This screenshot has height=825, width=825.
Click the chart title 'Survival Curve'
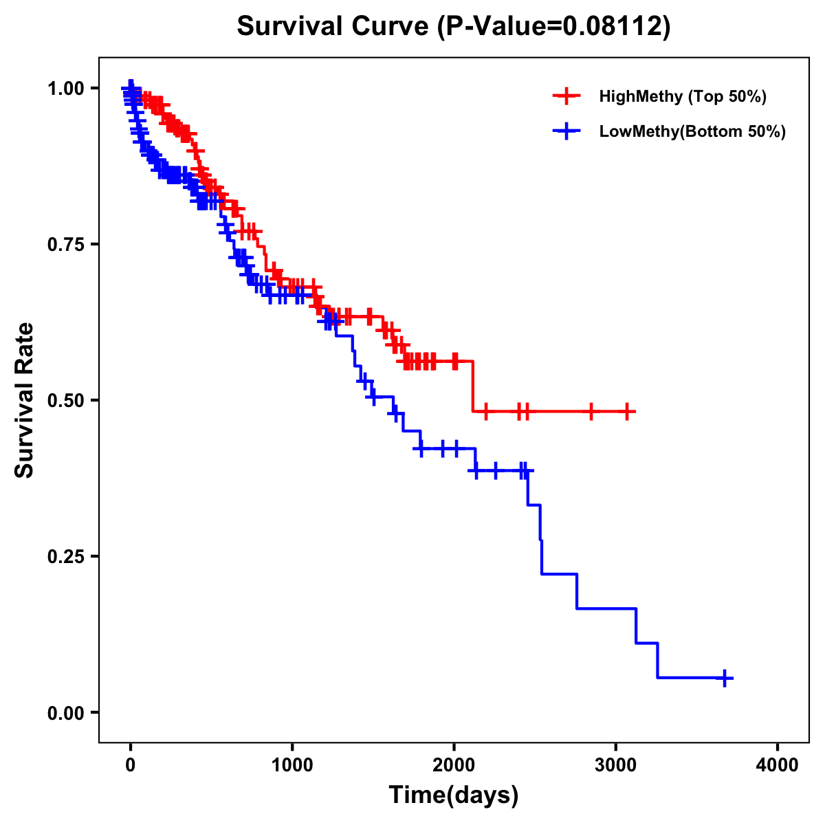click(335, 27)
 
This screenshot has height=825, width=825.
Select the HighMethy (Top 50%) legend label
click(682, 96)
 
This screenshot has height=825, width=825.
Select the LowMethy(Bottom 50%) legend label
click(692, 131)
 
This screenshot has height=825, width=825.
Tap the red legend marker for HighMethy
click(566, 96)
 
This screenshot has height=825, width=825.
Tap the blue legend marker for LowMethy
click(566, 131)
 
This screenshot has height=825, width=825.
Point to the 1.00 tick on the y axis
click(65, 88)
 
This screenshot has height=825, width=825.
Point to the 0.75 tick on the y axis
click(65, 244)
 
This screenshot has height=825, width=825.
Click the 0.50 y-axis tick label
click(65, 400)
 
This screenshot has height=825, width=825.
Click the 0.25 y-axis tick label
click(65, 556)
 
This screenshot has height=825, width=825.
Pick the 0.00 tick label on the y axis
click(65, 712)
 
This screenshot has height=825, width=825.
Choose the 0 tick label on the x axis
click(131, 765)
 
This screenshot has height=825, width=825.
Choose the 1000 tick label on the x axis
click(292, 765)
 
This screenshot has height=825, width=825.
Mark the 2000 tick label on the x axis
click(454, 765)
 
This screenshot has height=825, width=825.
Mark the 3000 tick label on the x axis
click(616, 765)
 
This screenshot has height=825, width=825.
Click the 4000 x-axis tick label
click(778, 765)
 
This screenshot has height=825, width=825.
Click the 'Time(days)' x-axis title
click(454, 795)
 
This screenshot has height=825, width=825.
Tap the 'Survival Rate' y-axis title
click(25, 400)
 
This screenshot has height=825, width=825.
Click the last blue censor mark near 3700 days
click(724, 678)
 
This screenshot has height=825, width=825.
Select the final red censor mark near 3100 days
click(626, 412)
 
